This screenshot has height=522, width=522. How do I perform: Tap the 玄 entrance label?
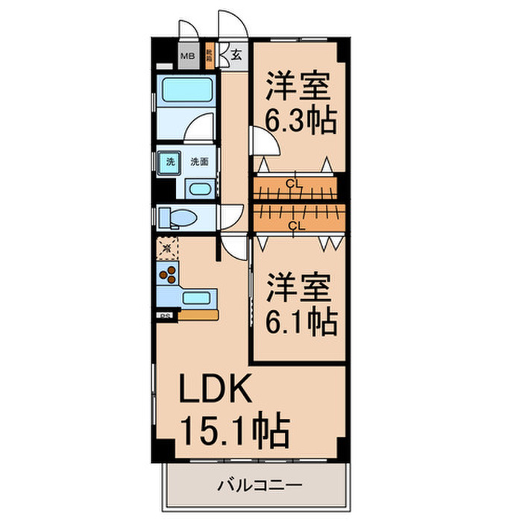tap(236, 54)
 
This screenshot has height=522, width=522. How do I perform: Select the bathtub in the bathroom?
tap(187, 94)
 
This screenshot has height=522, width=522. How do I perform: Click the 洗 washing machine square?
tap(170, 161)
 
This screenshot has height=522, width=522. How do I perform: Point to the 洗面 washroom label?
tap(198, 161)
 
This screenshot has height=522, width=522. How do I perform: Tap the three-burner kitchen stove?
tap(169, 275)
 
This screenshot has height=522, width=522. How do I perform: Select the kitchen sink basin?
tap(197, 298)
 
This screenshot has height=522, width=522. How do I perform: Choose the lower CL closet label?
tap(295, 224)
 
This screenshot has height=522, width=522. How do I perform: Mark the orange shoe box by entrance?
tap(211, 55)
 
